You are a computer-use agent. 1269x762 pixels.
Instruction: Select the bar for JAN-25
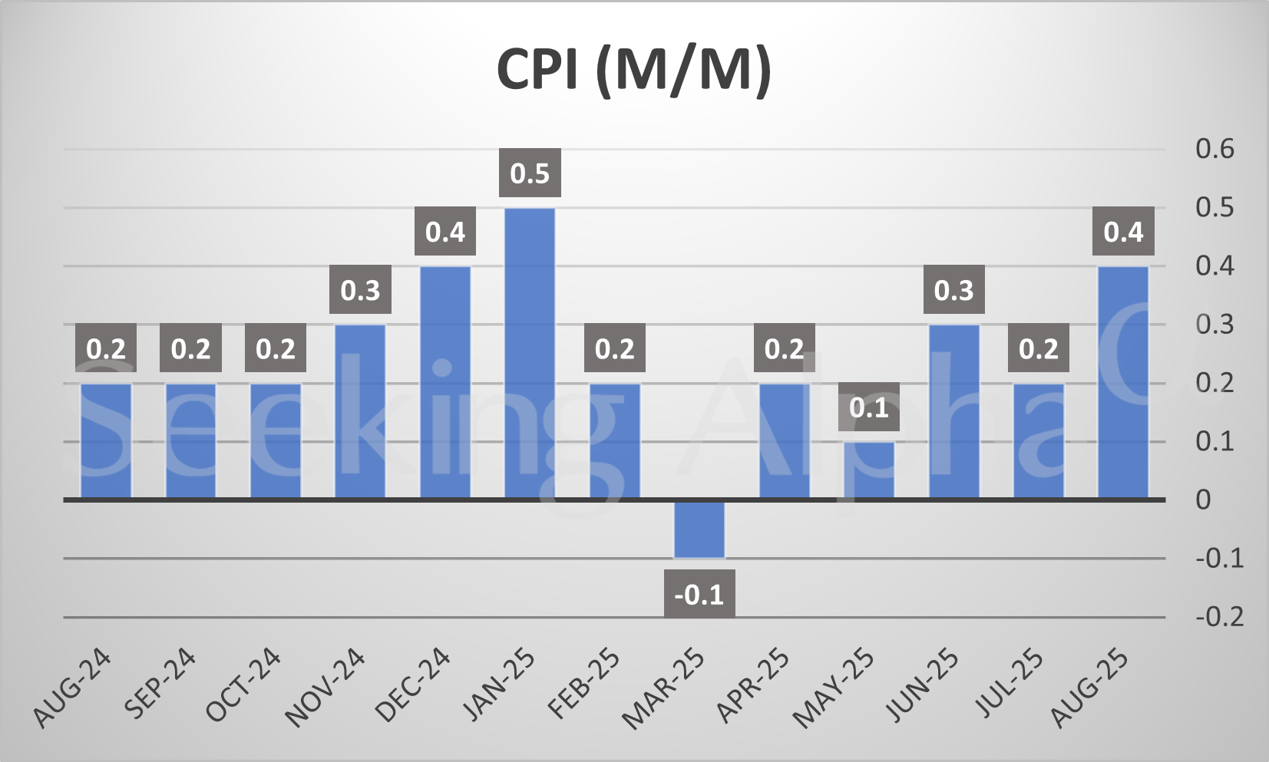[x=530, y=353]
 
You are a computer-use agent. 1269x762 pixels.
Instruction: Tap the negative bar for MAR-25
[x=699, y=529]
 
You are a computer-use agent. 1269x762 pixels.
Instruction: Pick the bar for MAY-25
[x=869, y=470]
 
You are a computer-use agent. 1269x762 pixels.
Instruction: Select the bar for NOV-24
[x=360, y=412]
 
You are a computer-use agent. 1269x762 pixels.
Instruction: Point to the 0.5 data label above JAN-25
[x=530, y=173]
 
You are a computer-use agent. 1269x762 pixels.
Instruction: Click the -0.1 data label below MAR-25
[x=699, y=594]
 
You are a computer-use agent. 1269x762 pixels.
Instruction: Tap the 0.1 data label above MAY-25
[x=869, y=407]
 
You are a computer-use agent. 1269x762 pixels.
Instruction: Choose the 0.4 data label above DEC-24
[x=445, y=232]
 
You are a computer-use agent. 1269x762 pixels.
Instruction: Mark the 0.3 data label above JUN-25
[x=953, y=290]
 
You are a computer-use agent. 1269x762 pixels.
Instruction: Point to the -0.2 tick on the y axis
[x=1219, y=616]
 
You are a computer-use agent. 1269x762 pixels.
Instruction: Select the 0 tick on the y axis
[x=1203, y=500]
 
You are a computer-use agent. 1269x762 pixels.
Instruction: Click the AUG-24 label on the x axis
[x=74, y=688]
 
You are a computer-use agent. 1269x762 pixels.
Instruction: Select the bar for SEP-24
[x=190, y=441]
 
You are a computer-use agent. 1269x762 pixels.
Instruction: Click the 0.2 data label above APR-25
[x=784, y=349]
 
